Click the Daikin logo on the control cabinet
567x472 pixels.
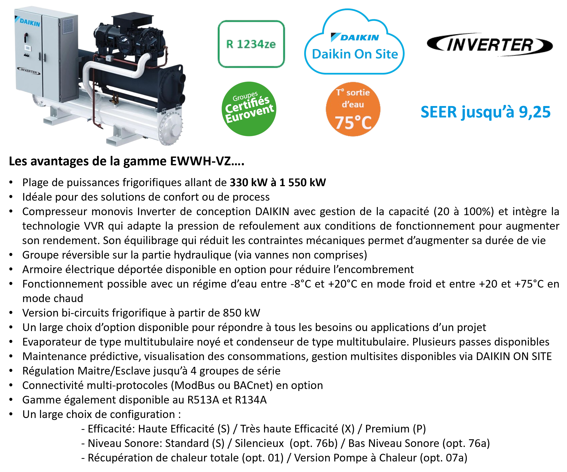[27, 22]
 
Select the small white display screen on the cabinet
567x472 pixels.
[28, 48]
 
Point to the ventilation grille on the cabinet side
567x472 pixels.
[68, 26]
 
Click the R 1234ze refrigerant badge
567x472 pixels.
[251, 44]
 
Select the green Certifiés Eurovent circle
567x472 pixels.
[249, 109]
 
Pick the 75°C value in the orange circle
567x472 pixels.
[353, 123]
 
